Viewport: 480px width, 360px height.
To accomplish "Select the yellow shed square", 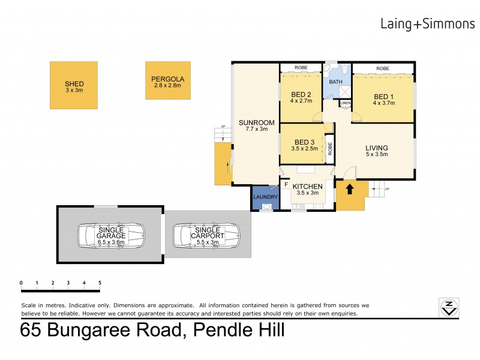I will [x=74, y=85].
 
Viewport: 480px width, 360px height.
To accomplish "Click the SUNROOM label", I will [x=256, y=121].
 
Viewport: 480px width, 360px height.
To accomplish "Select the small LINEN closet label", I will [x=345, y=104].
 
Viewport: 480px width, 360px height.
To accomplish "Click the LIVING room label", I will [x=377, y=148].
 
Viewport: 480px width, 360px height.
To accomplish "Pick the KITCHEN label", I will [x=308, y=187].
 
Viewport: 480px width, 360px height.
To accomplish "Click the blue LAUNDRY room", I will [x=265, y=197].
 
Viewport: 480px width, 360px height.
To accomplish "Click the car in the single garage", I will [x=110, y=236].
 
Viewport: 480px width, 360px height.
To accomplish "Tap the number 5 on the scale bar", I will [x=100, y=283].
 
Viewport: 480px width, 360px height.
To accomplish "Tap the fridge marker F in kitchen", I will [x=286, y=184].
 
